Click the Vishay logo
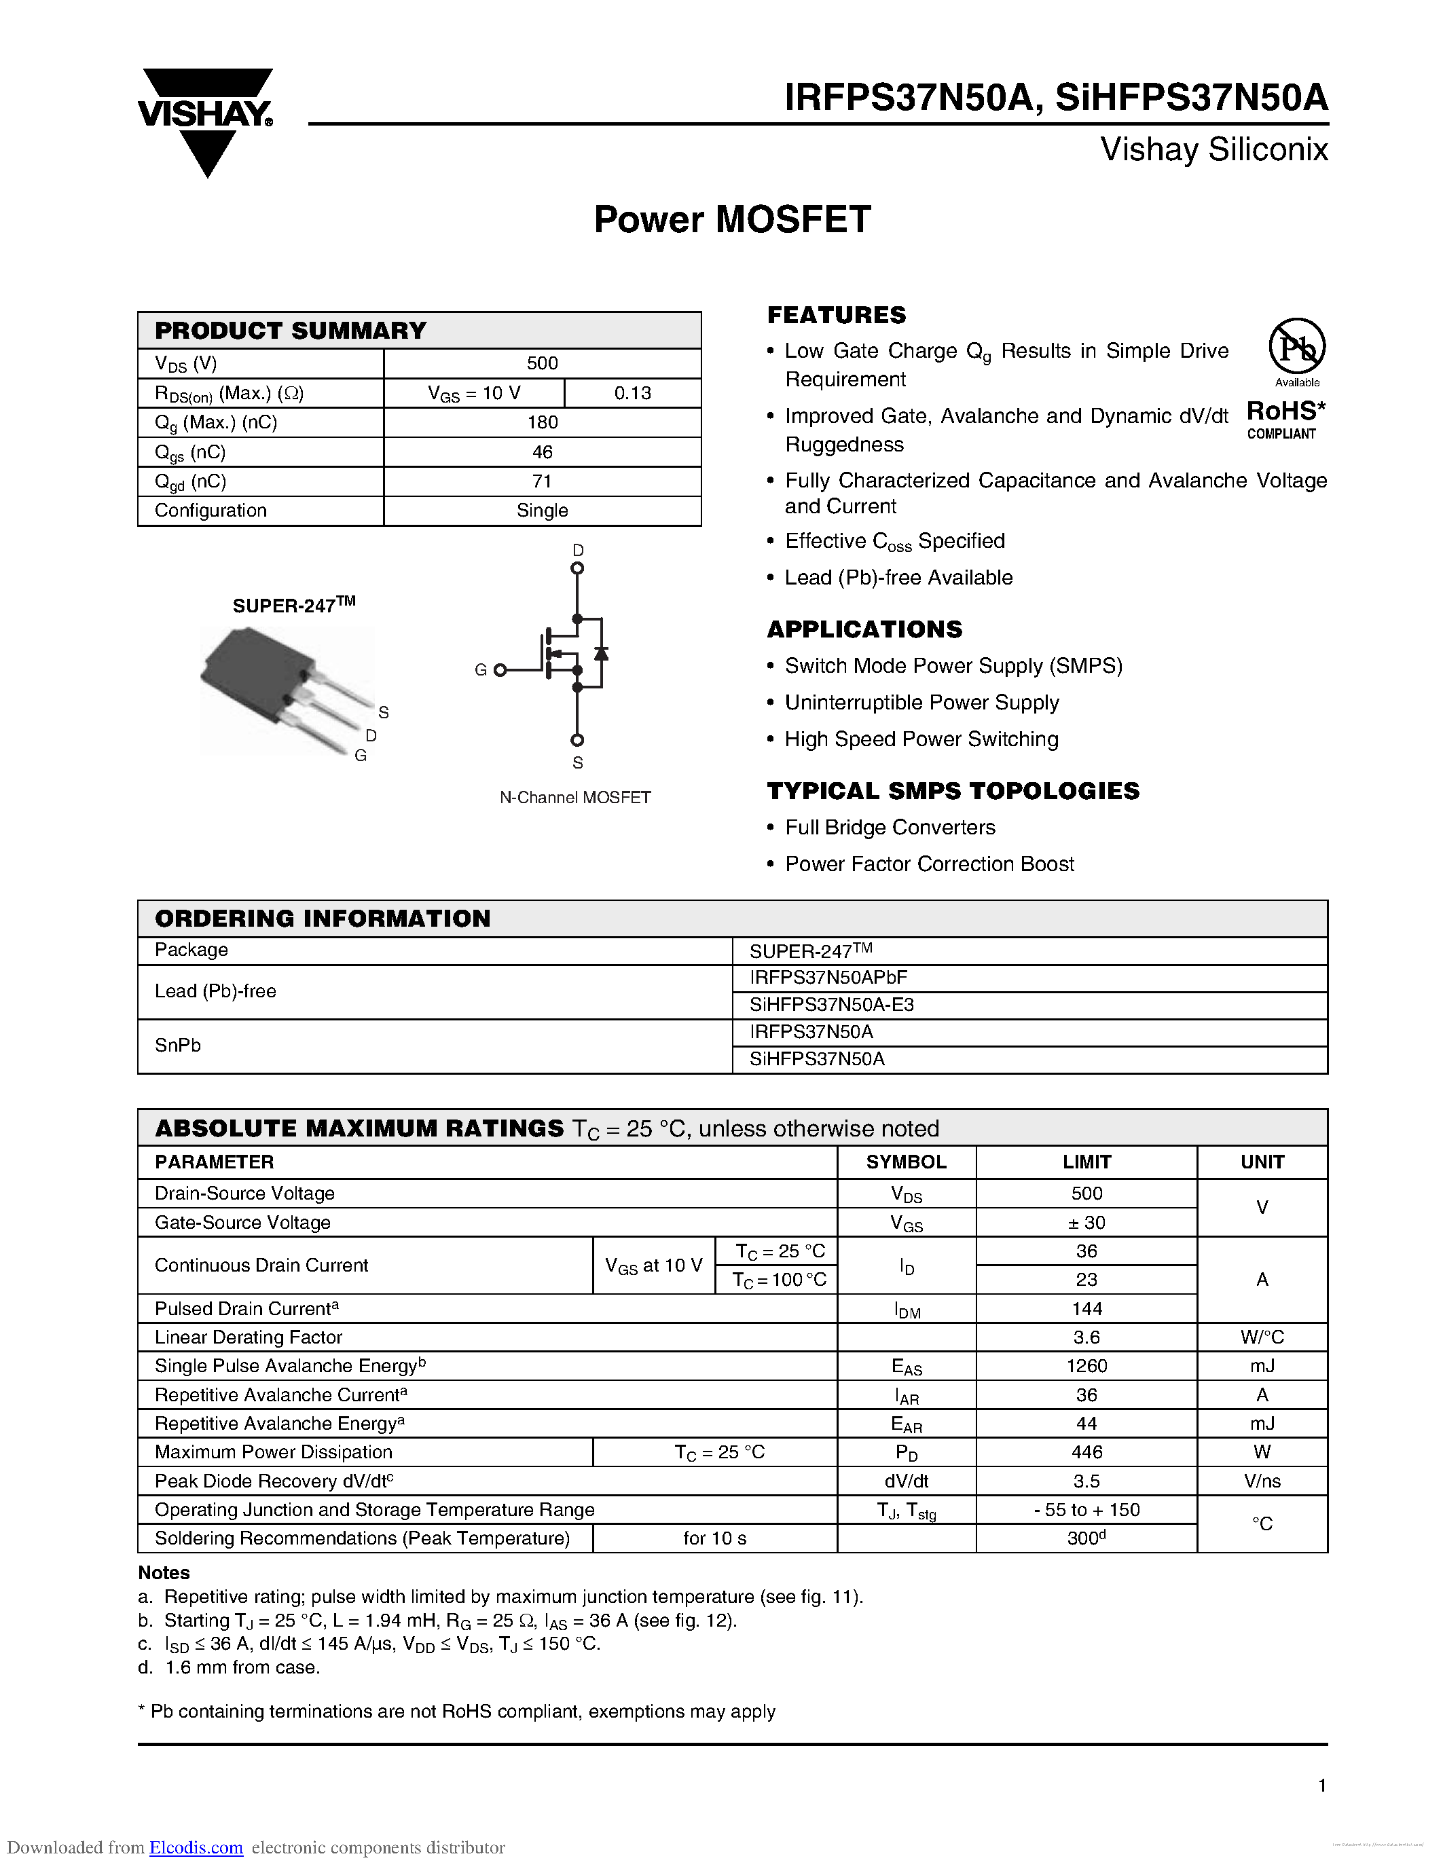pos(205,119)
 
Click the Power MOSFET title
pos(732,220)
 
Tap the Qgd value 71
pos(542,481)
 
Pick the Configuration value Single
pos(542,511)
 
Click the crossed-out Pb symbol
pos(1297,346)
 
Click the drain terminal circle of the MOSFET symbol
pos(577,568)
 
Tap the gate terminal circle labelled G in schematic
pos(500,670)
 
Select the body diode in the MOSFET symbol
pos(601,653)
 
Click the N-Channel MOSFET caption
pos(575,798)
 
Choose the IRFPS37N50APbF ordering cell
pos(828,978)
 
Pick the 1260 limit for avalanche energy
pos(1086,1366)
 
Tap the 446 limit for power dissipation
pos(1086,1452)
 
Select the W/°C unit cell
pos(1262,1337)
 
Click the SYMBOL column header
pos(905,1162)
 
